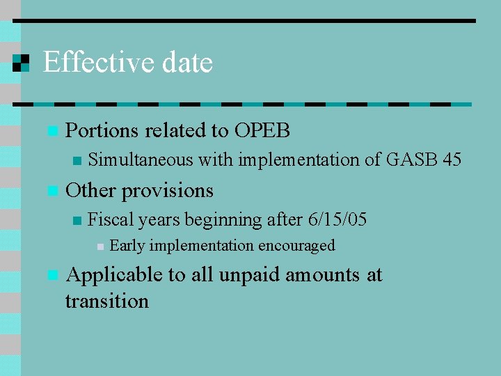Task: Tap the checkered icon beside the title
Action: (22, 62)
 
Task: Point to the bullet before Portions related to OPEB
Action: (50, 131)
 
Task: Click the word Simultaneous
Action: (141, 160)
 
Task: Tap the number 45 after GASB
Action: (452, 160)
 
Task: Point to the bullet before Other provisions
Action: (50, 191)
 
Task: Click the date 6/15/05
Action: (337, 220)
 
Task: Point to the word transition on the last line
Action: (106, 301)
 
